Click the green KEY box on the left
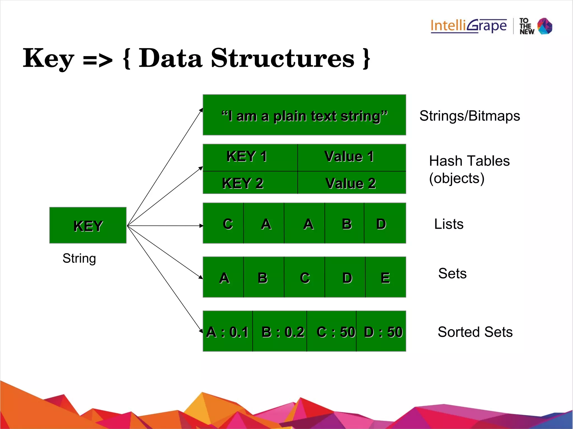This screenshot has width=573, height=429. [88, 225]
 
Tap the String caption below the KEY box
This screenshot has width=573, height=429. [79, 258]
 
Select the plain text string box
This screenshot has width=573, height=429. [304, 115]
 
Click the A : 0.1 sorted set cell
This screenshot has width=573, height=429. [227, 331]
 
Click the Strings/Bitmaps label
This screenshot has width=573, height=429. [469, 116]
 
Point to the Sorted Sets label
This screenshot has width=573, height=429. [475, 332]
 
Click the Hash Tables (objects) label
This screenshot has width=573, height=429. [469, 169]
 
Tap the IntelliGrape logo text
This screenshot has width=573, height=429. [468, 26]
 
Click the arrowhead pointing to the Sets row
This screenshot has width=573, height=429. [200, 277]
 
